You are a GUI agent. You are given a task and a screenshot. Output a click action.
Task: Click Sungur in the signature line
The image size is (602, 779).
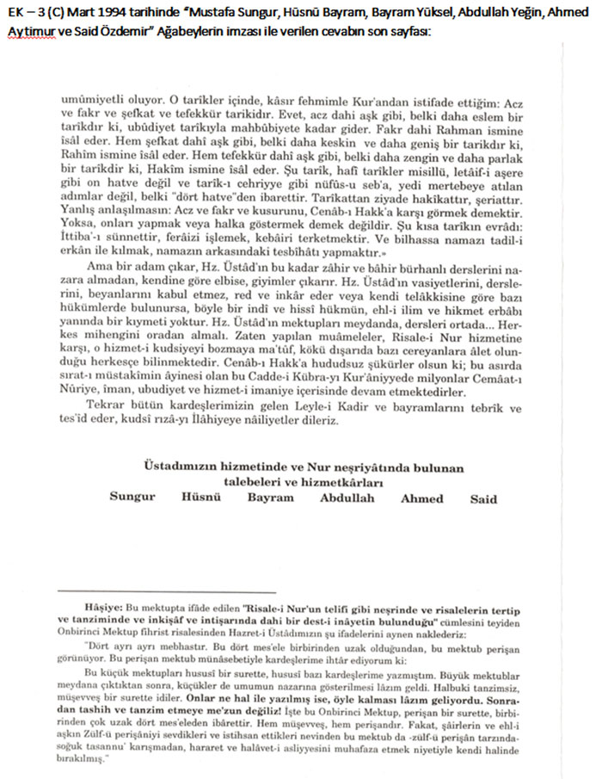[132, 498]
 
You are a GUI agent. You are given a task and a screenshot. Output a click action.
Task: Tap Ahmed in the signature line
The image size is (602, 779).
[421, 498]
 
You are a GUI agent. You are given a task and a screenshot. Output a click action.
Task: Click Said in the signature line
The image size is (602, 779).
[483, 498]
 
